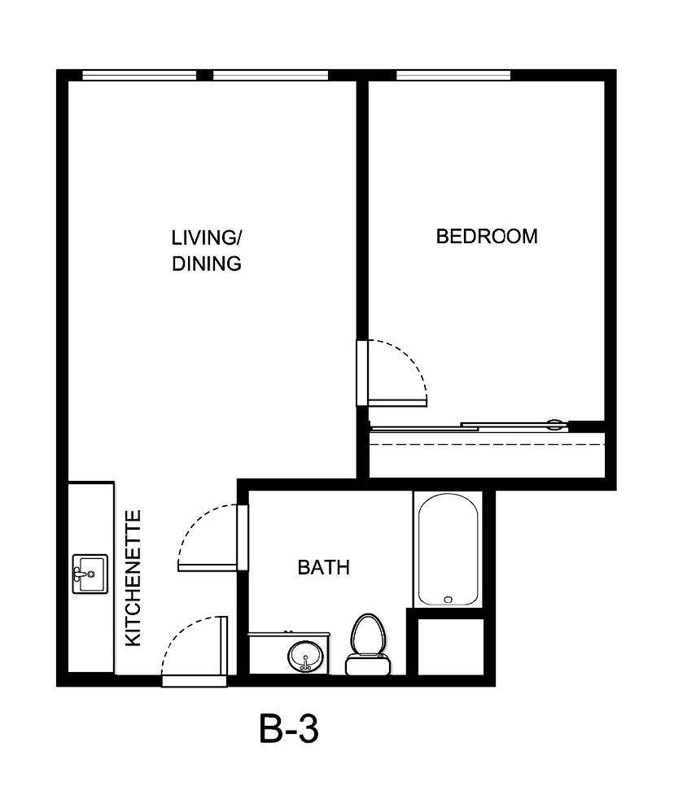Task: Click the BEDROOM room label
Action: tap(487, 237)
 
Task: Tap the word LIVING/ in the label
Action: tap(207, 238)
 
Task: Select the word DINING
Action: tap(207, 264)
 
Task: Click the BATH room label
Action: tap(323, 567)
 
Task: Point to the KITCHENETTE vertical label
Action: tap(133, 578)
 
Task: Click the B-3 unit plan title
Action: tap(289, 729)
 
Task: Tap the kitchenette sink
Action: tap(90, 574)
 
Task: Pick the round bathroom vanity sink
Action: tap(305, 656)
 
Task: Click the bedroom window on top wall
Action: tap(453, 76)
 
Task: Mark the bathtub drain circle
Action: tap(448, 600)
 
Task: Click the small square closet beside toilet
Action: tap(450, 646)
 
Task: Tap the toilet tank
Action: tap(367, 666)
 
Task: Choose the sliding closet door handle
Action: tap(555, 423)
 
